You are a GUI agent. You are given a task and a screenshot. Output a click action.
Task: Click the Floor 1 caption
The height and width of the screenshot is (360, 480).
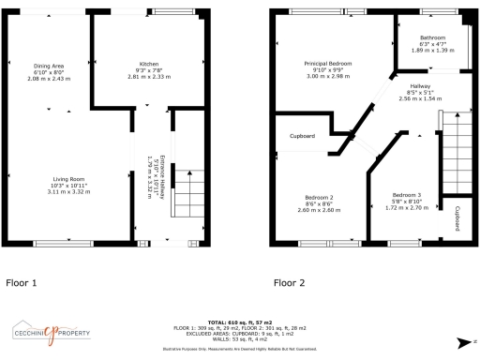tap(22, 281)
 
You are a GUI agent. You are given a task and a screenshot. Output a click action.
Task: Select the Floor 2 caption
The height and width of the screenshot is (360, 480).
tap(289, 281)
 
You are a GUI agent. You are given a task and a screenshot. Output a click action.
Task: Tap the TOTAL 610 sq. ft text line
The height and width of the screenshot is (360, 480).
tap(240, 320)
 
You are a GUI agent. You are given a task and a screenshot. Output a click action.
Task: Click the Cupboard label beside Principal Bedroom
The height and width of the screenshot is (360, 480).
tap(302, 137)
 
